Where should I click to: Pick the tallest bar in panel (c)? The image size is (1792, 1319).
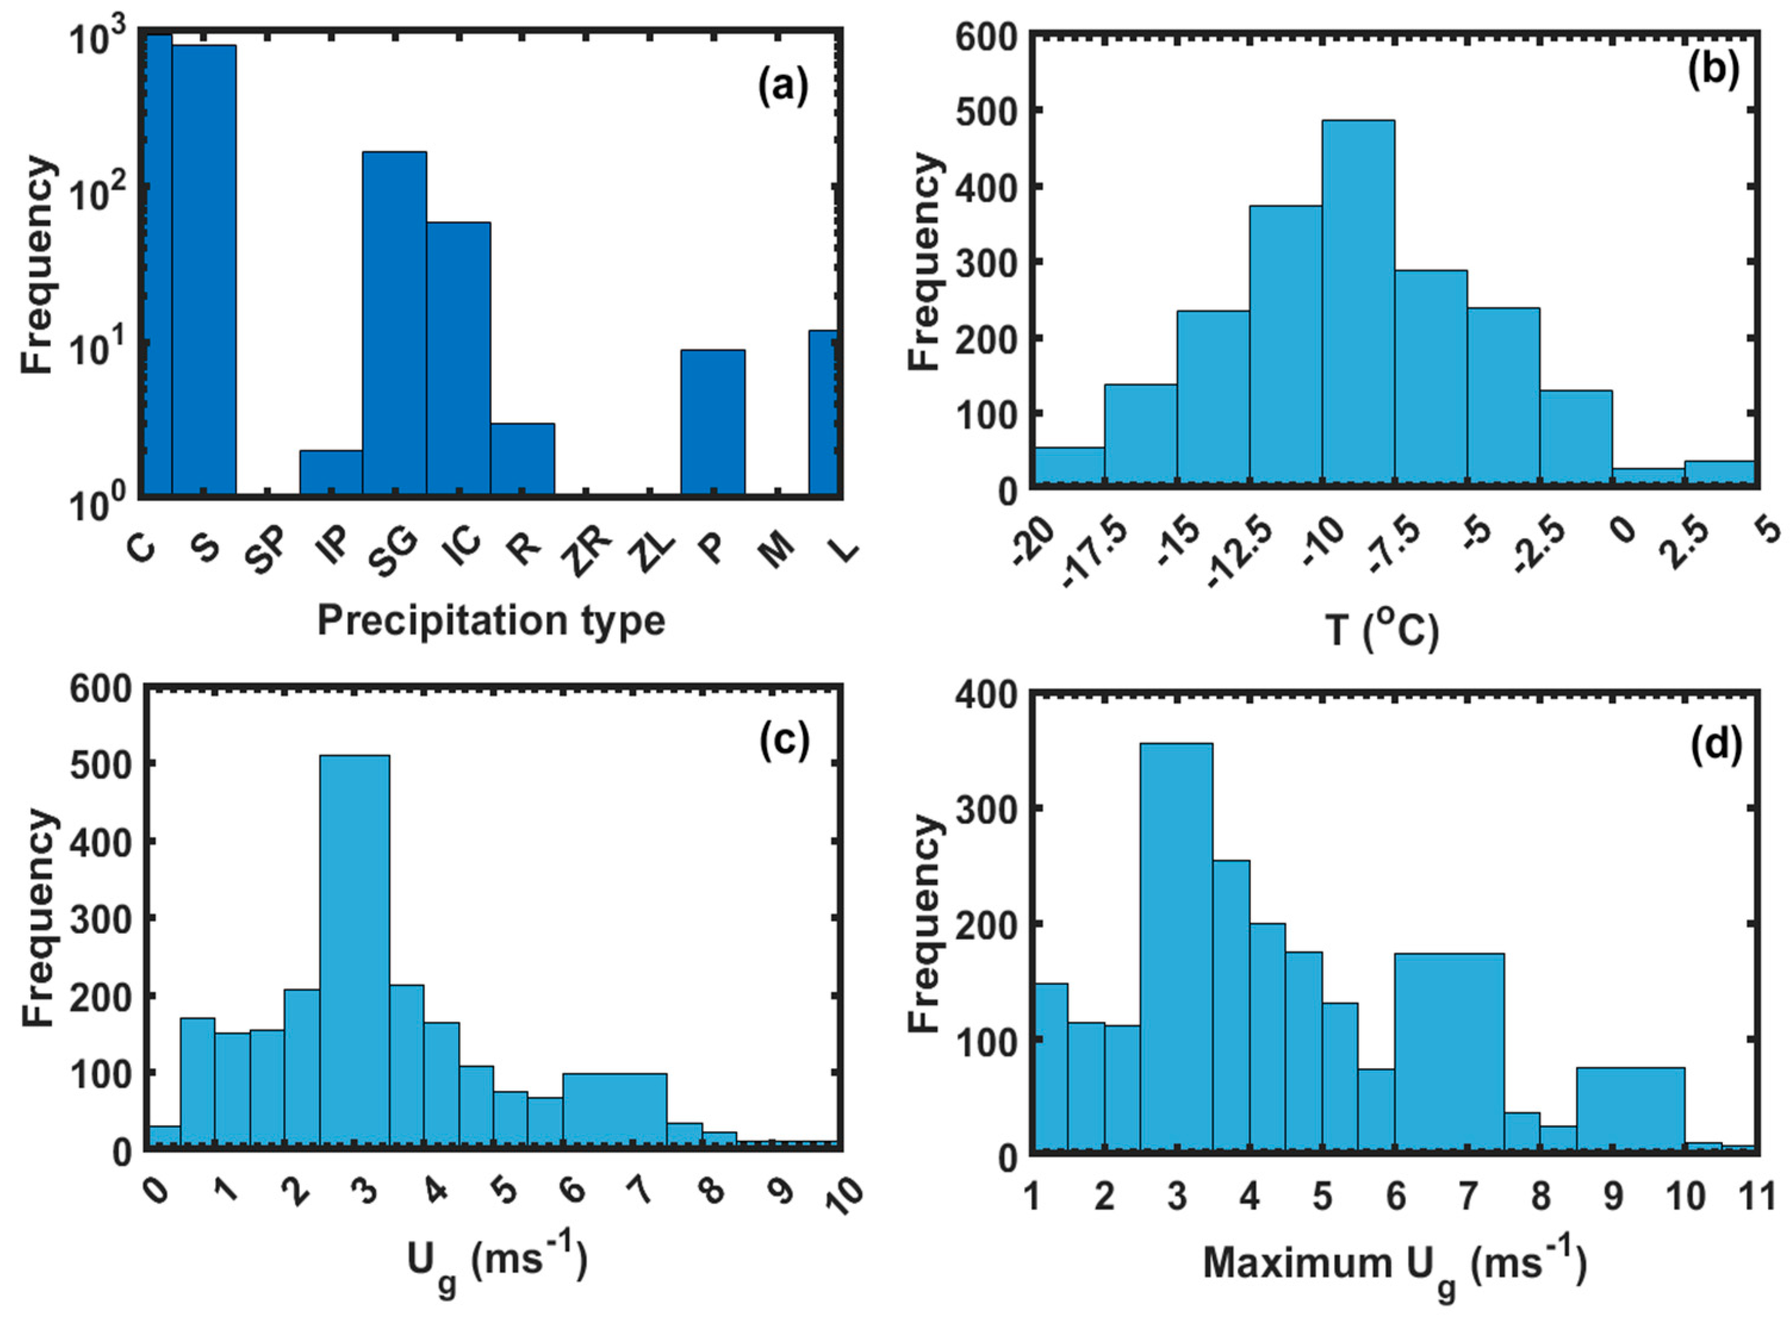tap(354, 950)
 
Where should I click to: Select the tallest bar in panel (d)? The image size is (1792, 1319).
tap(1177, 946)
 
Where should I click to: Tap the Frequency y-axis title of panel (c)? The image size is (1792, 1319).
tap(38, 918)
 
